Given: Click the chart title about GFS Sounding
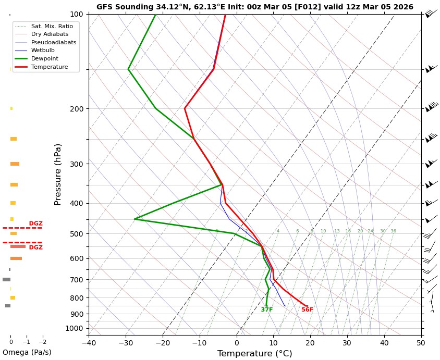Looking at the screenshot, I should tap(254, 7).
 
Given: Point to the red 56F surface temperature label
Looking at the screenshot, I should tap(307, 310).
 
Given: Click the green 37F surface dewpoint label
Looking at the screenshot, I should tap(267, 310).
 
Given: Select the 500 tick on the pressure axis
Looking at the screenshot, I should tap(77, 234).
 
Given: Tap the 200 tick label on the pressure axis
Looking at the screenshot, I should tap(77, 109).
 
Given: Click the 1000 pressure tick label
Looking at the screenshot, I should tap(75, 328).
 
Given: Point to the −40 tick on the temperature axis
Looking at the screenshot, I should tap(89, 343).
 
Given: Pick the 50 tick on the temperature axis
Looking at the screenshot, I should tap(421, 343).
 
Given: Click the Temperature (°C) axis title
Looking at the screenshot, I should tap(254, 354).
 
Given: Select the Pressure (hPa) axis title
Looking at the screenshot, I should tap(58, 174).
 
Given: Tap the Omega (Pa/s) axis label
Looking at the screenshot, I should tap(27, 352).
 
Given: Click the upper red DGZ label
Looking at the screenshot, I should tap(36, 224).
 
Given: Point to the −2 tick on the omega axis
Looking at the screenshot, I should tap(42, 342).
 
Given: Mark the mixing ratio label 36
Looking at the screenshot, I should tap(393, 231).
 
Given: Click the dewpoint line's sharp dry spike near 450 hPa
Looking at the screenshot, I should tap(135, 219).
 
